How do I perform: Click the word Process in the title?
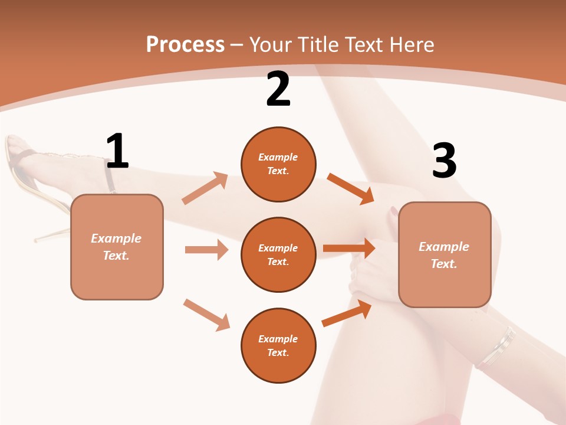(185, 45)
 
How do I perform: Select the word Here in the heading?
(410, 45)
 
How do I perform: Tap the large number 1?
(117, 152)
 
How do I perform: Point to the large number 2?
(278, 90)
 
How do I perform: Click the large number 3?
(444, 161)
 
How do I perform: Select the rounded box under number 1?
(117, 247)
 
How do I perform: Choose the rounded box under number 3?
(445, 254)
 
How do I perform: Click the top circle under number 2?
(278, 164)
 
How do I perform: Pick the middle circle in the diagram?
(278, 254)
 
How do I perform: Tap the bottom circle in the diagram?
(278, 345)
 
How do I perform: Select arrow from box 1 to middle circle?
(206, 250)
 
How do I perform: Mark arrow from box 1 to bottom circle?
(206, 314)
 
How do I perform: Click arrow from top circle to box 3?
(350, 188)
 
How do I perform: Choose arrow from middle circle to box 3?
(349, 249)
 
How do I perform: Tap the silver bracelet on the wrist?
(497, 347)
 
